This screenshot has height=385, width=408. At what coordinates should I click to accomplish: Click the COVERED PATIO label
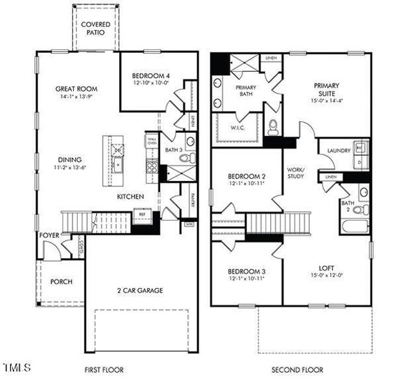click(x=95, y=29)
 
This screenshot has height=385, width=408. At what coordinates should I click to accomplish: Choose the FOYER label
click(x=49, y=236)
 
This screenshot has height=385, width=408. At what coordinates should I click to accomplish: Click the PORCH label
click(x=61, y=282)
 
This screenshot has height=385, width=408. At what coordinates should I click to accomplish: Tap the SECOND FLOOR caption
click(x=297, y=370)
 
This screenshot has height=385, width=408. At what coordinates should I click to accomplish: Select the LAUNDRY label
click(x=338, y=151)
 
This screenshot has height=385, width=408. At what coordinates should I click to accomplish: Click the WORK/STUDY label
click(x=296, y=173)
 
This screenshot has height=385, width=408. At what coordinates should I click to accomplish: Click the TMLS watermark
click(x=17, y=368)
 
